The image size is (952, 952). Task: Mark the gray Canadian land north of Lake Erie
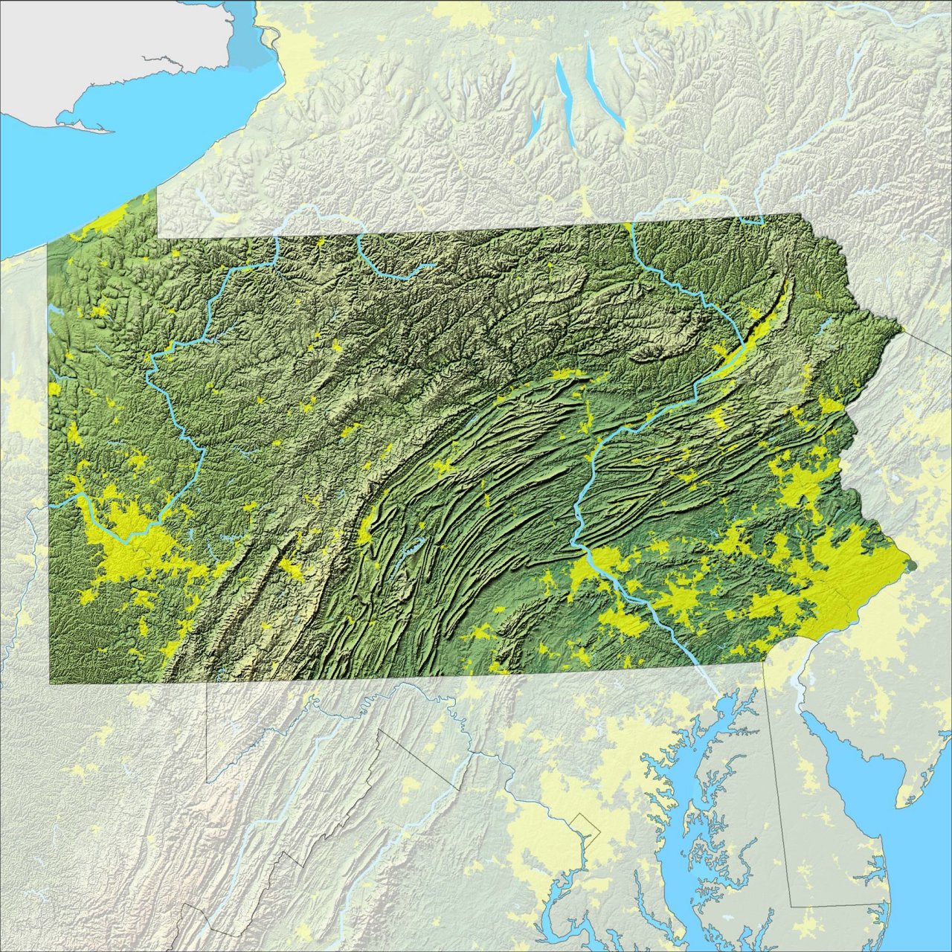coord(112,45)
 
